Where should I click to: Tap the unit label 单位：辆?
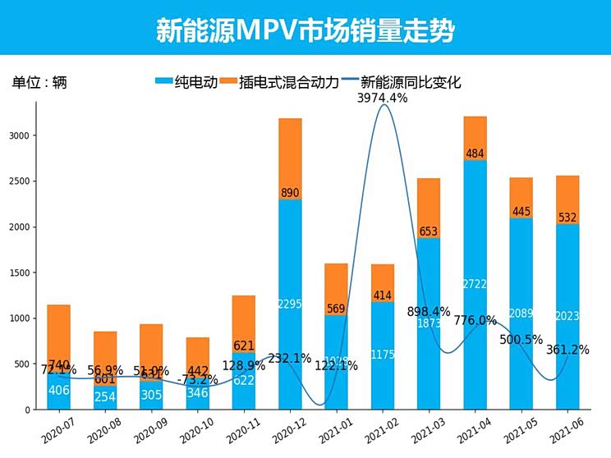pyautogui.click(x=39, y=83)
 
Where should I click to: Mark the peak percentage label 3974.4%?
pyautogui.click(x=382, y=98)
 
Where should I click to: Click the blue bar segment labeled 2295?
pyautogui.click(x=290, y=305)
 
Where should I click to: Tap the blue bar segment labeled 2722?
pyautogui.click(x=475, y=284)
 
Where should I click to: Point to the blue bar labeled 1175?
pyautogui.click(x=382, y=355)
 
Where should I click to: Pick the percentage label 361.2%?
pyautogui.click(x=567, y=350)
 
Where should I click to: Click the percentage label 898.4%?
pyautogui.click(x=429, y=312)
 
